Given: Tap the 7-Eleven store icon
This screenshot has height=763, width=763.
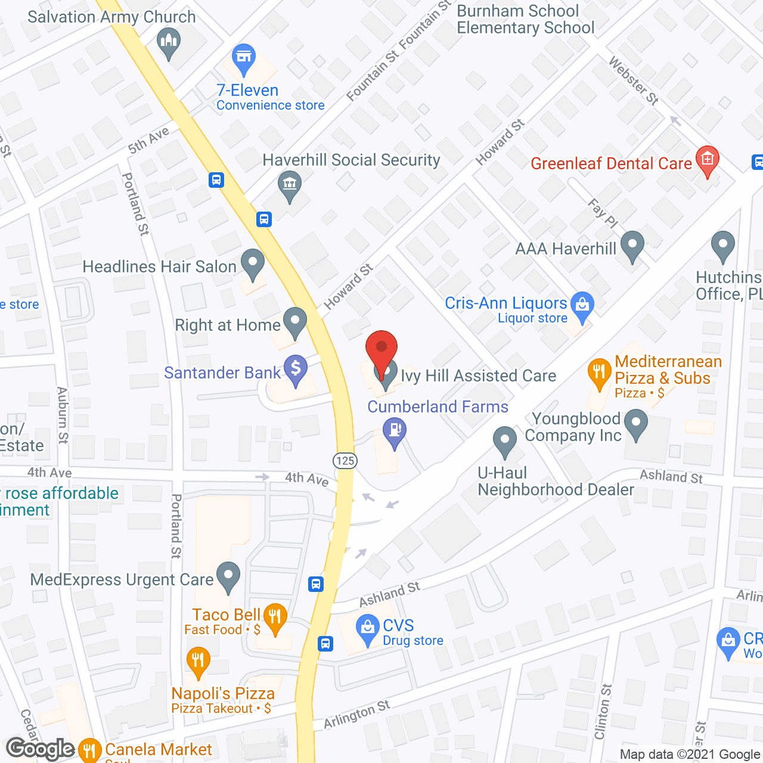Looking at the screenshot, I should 243,57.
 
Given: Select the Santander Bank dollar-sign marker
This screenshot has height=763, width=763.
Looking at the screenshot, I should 295,369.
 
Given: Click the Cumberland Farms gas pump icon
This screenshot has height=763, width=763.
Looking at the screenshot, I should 394,430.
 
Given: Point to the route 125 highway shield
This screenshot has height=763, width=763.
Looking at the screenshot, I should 345,460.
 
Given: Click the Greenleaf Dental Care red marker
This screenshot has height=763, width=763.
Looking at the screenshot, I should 708,160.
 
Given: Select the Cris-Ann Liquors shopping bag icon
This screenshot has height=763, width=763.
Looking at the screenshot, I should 582,305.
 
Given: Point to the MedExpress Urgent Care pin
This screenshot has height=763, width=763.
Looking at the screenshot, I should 228,576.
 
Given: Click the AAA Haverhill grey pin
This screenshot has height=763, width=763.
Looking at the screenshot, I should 632,245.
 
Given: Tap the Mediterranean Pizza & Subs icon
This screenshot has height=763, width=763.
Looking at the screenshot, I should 599,373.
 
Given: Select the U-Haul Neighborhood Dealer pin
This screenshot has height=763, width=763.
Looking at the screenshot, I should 505,441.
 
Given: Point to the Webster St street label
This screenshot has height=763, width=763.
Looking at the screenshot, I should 634,80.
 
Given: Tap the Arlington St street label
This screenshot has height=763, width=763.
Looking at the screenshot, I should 356,714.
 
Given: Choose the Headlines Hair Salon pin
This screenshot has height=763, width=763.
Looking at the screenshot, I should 253,263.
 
